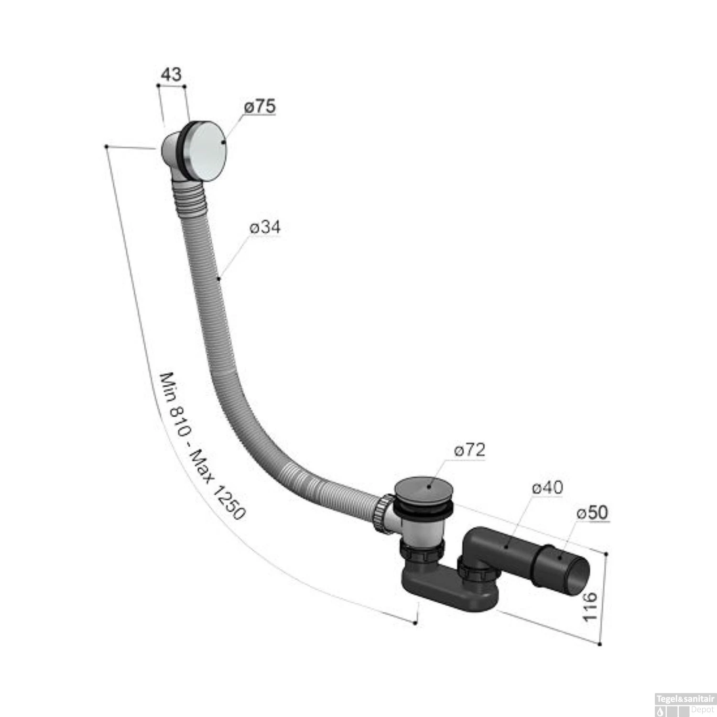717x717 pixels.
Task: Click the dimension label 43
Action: (172, 75)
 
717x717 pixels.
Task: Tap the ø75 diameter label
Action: (260, 106)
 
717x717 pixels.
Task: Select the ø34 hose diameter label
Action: (264, 228)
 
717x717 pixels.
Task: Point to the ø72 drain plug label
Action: (469, 450)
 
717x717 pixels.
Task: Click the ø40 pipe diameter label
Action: (547, 488)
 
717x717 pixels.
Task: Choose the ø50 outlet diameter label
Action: (592, 513)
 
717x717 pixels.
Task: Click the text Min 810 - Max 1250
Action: (202, 447)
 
